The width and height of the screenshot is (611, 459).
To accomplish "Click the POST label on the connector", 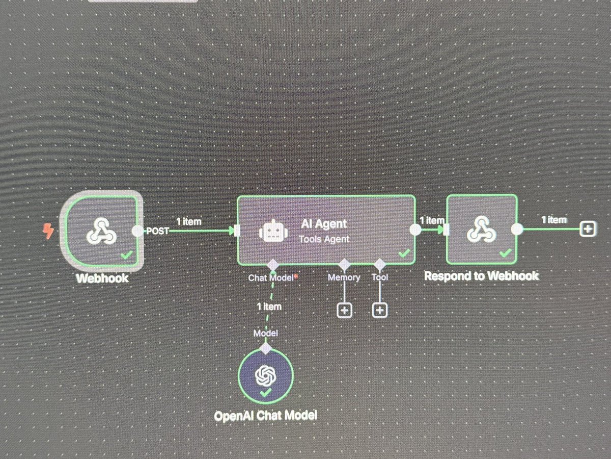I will (x=157, y=231).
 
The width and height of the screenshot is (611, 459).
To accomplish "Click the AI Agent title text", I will (x=324, y=223).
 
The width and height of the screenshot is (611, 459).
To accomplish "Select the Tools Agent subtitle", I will (x=324, y=239).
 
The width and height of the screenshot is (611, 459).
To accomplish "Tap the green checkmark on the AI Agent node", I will (x=404, y=253).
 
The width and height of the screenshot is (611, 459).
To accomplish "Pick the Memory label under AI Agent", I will (x=344, y=278).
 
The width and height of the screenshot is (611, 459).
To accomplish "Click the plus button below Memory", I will (x=344, y=310).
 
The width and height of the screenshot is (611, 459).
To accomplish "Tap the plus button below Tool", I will (x=380, y=310).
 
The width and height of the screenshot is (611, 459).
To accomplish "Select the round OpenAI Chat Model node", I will (x=265, y=376).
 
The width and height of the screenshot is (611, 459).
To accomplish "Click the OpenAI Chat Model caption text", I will (x=265, y=416).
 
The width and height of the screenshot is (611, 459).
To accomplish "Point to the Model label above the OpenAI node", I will (x=265, y=333).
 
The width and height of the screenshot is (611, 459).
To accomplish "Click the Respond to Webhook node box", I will (x=481, y=229).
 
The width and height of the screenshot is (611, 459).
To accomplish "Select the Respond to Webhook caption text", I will (x=481, y=276).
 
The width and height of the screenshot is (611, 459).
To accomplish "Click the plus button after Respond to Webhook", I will (x=588, y=229).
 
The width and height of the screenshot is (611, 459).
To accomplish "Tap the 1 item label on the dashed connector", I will (x=269, y=307).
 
